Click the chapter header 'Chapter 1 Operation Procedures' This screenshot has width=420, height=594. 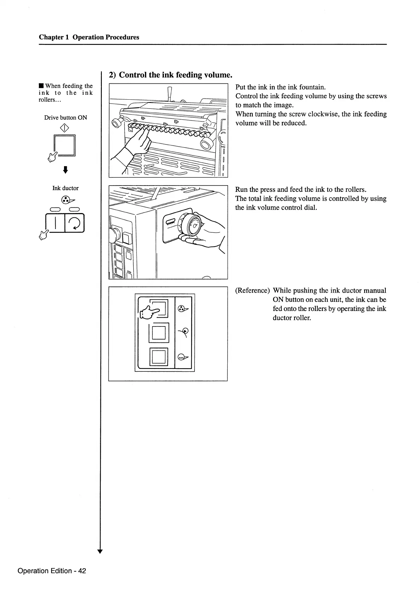(x=89, y=37)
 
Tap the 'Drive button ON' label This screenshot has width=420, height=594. (x=65, y=118)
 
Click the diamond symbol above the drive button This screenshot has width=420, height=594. (x=65, y=127)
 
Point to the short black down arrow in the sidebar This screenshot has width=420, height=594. (x=65, y=171)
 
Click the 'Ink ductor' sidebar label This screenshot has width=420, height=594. (x=65, y=188)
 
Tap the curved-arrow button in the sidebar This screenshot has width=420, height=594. (x=74, y=223)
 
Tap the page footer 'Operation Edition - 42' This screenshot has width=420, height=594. (x=52, y=571)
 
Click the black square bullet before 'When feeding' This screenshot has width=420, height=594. (x=41, y=86)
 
